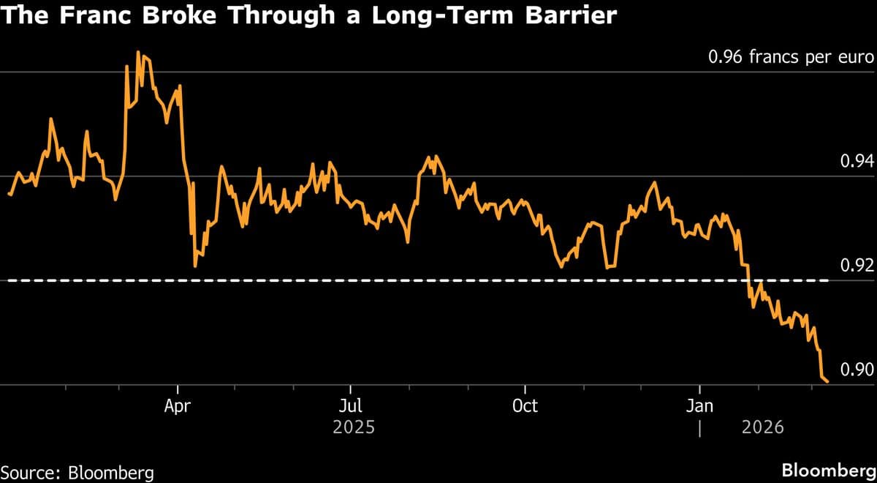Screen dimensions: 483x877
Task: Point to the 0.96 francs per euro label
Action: tap(791, 57)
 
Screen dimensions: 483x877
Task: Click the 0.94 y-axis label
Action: tap(858, 161)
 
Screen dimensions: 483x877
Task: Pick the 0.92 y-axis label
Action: tap(858, 265)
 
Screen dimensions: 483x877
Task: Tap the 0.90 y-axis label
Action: tap(858, 369)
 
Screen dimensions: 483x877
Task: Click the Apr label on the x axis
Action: tap(178, 405)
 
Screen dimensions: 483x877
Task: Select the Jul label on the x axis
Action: tap(351, 405)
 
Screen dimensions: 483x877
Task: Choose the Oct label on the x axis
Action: tap(525, 405)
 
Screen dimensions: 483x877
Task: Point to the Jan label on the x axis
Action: tap(700, 405)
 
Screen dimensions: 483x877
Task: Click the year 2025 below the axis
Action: tap(353, 427)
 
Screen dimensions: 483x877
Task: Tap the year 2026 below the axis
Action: tap(762, 427)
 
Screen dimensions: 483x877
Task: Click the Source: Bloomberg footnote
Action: tap(77, 472)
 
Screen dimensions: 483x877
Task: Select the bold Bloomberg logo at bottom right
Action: tap(828, 470)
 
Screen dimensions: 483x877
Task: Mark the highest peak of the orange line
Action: tap(139, 52)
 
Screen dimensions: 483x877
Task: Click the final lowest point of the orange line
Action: tap(827, 381)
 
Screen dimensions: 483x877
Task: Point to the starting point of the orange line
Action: tap(9, 194)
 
